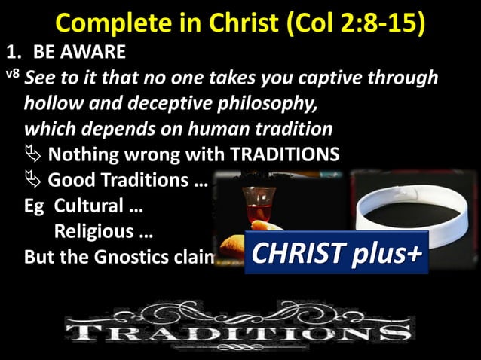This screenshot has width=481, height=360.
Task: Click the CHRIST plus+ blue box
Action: point(336,253)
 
